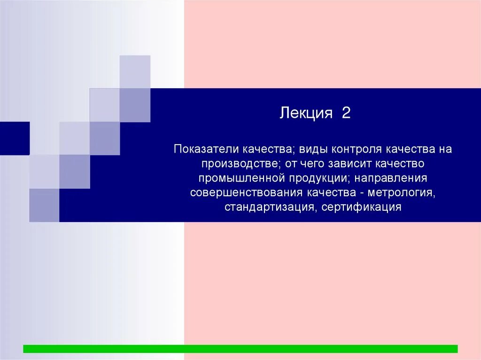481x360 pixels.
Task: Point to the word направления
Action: pos(390,178)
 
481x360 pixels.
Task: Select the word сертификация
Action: pos(362,207)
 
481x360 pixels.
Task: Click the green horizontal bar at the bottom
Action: pos(240,349)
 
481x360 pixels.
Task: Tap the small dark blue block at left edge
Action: pos(15,138)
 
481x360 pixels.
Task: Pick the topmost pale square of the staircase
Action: pos(135,71)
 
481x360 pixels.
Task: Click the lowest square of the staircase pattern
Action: pos(44,205)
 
